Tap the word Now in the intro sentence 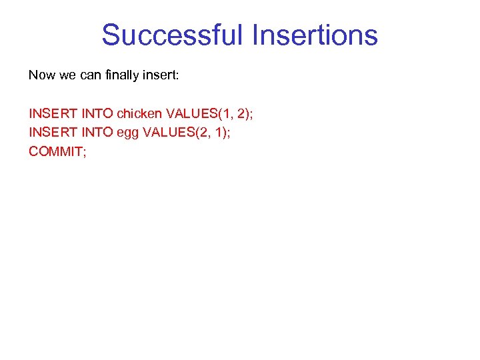pyautogui.click(x=41, y=75)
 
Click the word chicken pyautogui.click(x=139, y=113)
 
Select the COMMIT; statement pyautogui.click(x=58, y=151)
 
